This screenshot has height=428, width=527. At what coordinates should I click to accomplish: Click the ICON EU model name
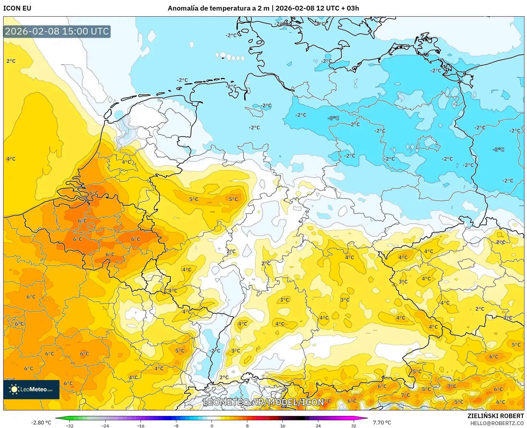coord(17,8)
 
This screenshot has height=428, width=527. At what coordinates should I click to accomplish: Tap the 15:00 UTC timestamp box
coord(57,31)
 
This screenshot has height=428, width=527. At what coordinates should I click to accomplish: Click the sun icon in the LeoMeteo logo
coord(14,389)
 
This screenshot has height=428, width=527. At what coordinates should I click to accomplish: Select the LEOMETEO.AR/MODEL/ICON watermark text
coord(263,402)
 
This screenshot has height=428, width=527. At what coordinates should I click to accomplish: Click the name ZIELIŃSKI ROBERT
coord(496,416)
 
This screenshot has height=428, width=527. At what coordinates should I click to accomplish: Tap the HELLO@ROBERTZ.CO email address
coord(497,423)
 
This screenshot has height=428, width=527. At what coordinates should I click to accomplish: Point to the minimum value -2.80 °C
coord(41,423)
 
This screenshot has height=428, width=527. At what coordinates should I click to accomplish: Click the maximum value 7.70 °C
coord(382,423)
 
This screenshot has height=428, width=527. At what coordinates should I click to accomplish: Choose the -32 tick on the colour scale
coord(70,426)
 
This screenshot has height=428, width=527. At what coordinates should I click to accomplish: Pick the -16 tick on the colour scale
coord(141,426)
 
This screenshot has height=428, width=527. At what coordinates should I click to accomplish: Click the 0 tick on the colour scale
coord(212,426)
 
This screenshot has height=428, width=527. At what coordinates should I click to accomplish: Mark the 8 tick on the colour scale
coord(247,426)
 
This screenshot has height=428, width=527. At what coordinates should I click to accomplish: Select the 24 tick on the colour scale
coord(318,426)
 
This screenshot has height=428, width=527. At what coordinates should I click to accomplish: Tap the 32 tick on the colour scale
coord(353,426)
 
